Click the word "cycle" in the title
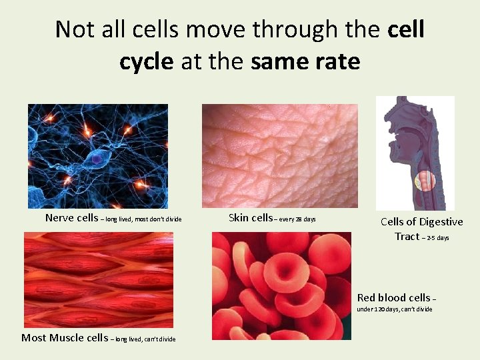(146, 62)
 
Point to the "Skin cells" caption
(251, 217)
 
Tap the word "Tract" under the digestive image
(407, 237)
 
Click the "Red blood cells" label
(394, 298)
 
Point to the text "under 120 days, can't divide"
(395, 309)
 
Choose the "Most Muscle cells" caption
(64, 338)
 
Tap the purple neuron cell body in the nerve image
(97, 160)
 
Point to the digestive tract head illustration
(415, 153)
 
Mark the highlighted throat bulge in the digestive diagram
(424, 180)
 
